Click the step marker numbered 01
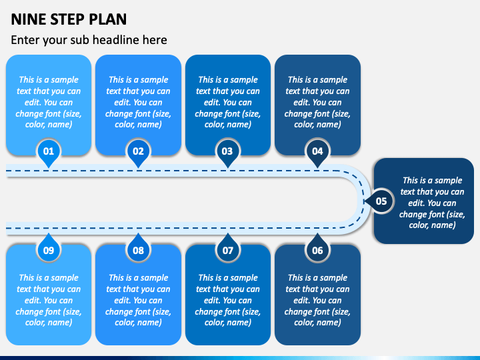[49, 152]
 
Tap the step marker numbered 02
[139, 152]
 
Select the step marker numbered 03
[228, 152]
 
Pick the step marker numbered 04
[317, 152]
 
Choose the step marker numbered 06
[317, 249]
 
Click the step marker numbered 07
[228, 249]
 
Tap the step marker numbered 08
[139, 249]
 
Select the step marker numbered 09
[49, 249]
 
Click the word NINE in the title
[29, 19]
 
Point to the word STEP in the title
[67, 19]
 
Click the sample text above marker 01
[49, 102]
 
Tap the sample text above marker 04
[317, 102]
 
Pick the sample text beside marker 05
[432, 203]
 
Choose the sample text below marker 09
[49, 300]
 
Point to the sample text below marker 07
[228, 300]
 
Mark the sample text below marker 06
[317, 300]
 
